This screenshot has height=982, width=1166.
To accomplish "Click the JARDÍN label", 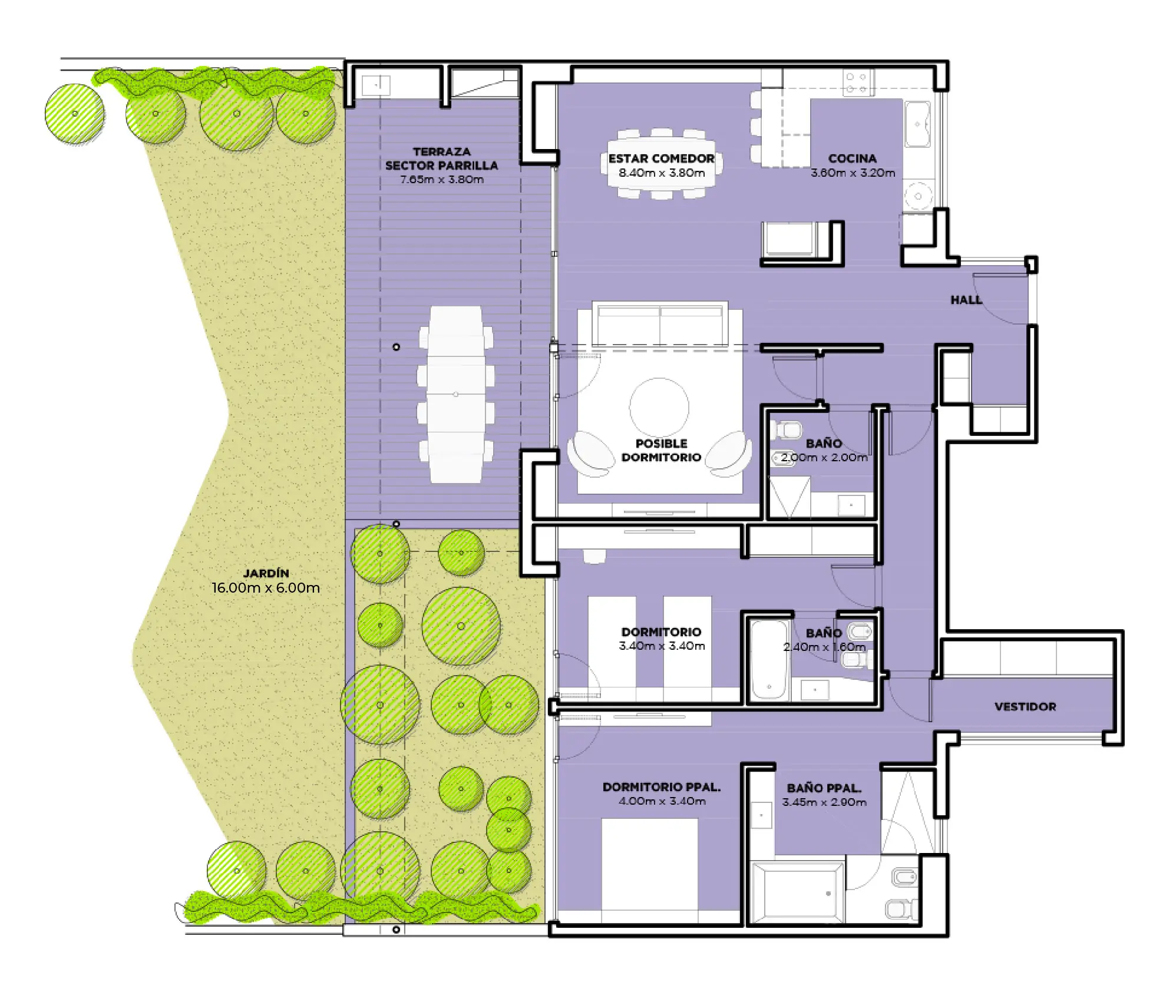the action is [x=266, y=573].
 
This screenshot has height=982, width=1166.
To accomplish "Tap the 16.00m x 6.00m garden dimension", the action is [x=266, y=588].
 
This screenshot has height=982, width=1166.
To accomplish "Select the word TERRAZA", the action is [x=442, y=151].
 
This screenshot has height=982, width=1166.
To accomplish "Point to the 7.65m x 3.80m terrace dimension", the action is [x=442, y=180].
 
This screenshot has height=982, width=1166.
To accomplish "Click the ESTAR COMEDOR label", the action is [x=662, y=158].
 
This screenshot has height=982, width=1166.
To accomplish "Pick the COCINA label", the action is [x=853, y=158].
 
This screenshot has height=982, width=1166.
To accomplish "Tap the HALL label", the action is [x=966, y=300].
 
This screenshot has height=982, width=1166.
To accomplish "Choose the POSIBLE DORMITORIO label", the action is [x=661, y=450].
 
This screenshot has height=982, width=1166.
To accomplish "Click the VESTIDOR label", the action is [x=1025, y=706].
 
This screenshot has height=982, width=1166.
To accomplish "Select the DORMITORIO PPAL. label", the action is [x=662, y=787].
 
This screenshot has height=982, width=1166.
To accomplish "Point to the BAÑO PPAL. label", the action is [x=824, y=788].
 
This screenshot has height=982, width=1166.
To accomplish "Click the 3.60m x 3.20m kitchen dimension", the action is [x=853, y=173].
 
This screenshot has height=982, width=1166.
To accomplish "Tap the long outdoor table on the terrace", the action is [x=456, y=394].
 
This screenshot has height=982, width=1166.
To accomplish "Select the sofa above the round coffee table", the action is [x=660, y=324].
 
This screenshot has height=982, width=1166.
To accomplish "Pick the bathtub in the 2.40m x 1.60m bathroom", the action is [x=769, y=659].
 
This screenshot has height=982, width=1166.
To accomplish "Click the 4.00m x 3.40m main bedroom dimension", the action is [x=662, y=801].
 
